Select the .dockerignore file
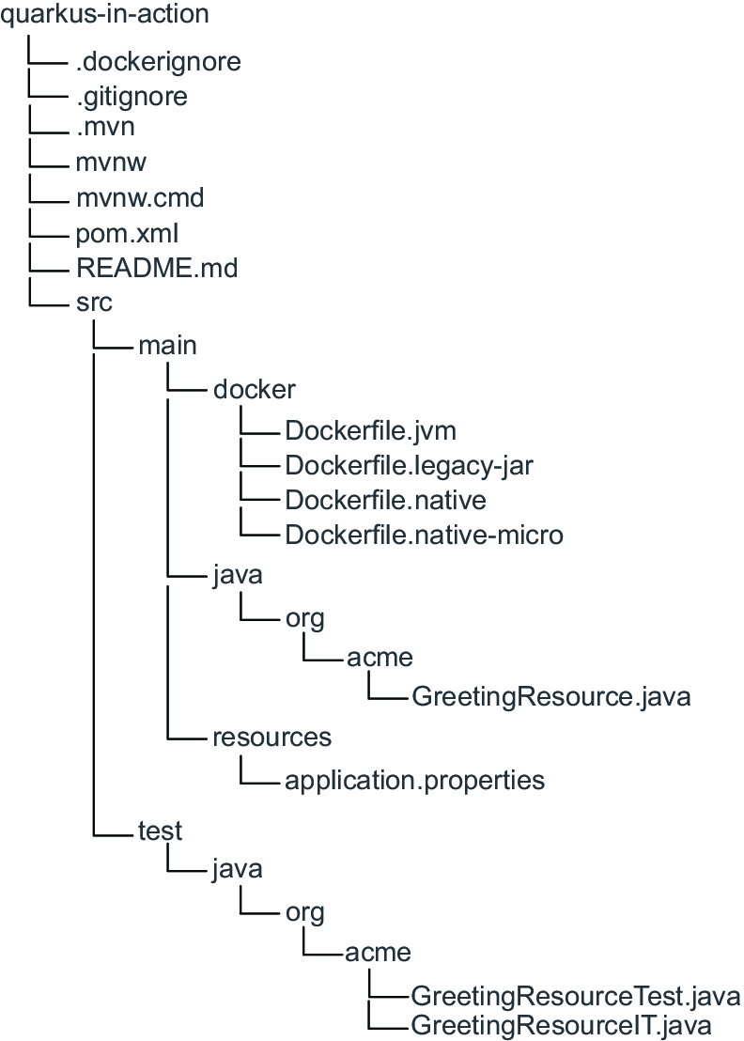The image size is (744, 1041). pos(159,62)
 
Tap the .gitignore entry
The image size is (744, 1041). pos(132,97)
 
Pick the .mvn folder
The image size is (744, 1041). pos(105,126)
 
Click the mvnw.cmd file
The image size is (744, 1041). pos(140,198)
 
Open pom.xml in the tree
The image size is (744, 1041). pos(128,234)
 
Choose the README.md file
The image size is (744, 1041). pos(157,268)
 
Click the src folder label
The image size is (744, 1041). pos(94,303)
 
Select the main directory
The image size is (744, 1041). pos(167,345)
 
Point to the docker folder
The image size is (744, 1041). pos(255,389)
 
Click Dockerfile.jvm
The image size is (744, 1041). pos(371,431)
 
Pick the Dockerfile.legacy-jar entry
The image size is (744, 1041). pos(410,466)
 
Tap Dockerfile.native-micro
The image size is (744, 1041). pos(424,536)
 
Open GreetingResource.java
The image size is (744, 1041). pos(551,696)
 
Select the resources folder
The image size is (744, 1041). pos(272,737)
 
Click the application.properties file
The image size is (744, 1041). pos(415,781)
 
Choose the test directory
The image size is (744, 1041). pos(160,831)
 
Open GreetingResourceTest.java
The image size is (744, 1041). pos(576,996)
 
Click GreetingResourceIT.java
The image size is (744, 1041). pos(561,1026)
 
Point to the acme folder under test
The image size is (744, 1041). pos(379,953)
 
